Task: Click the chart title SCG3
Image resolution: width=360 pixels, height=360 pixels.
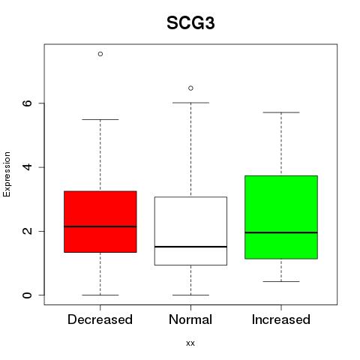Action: (x=190, y=23)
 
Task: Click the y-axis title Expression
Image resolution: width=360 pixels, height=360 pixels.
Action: (x=7, y=174)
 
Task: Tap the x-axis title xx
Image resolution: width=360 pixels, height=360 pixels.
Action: (x=190, y=343)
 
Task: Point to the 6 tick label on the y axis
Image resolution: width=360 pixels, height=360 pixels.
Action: (x=27, y=103)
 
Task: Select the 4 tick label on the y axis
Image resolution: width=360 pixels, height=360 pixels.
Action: (x=27, y=167)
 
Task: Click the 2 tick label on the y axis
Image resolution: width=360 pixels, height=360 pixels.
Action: (x=27, y=231)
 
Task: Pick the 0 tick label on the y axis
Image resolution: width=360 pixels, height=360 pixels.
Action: (x=27, y=295)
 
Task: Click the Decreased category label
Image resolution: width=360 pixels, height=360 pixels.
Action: (x=100, y=319)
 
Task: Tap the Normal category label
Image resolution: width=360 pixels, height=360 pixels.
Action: (x=190, y=319)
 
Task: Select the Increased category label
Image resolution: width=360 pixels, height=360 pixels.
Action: (x=281, y=319)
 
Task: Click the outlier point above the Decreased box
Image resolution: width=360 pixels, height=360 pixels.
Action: (x=100, y=54)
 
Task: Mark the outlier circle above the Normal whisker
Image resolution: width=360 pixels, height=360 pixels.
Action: (x=190, y=88)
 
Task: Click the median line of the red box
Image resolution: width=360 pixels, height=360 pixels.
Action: (x=100, y=226)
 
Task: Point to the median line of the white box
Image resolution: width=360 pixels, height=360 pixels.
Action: (x=190, y=247)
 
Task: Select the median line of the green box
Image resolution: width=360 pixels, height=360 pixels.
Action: (x=281, y=232)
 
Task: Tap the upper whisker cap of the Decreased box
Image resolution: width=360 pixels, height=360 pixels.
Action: (x=100, y=119)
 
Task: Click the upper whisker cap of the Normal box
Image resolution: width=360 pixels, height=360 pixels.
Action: (x=190, y=103)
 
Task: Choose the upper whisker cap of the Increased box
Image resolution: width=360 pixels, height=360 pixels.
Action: (x=281, y=112)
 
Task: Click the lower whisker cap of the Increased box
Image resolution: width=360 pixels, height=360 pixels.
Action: (x=281, y=281)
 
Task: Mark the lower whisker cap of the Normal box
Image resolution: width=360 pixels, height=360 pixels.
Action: (x=190, y=295)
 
